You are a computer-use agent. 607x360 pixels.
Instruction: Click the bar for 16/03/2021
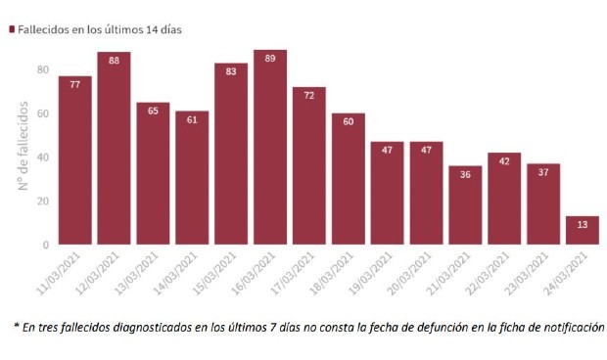click(x=270, y=147)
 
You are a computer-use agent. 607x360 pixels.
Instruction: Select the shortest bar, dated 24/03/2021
click(x=583, y=230)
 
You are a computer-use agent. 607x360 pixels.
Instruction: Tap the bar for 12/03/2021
click(x=114, y=148)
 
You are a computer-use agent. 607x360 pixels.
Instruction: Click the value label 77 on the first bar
click(x=74, y=85)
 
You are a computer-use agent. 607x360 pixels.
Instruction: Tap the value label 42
click(x=504, y=161)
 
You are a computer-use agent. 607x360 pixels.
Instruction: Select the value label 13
click(x=583, y=225)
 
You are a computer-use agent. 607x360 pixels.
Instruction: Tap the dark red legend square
click(x=12, y=29)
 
